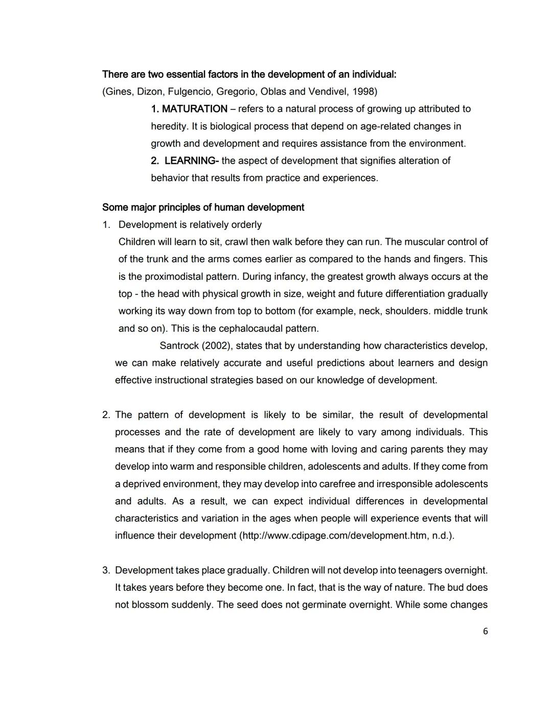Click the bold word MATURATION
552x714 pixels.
point(194,109)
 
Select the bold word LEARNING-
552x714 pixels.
point(192,160)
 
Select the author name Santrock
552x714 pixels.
point(179,346)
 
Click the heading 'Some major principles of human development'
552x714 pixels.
point(203,207)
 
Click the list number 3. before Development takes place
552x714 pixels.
point(106,570)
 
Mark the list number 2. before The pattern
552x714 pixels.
point(106,414)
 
